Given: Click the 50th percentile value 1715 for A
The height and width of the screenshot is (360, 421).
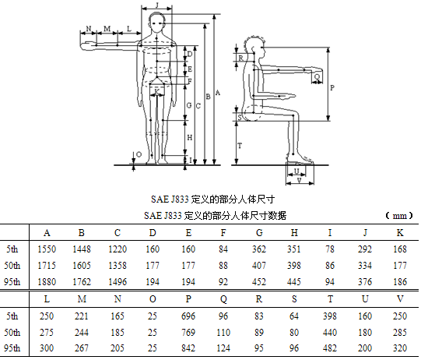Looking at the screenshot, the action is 47,266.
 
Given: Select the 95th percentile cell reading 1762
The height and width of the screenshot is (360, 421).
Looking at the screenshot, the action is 82,282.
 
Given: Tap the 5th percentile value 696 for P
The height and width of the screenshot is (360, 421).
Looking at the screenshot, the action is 188,316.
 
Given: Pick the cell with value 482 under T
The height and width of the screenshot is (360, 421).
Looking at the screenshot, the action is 330,348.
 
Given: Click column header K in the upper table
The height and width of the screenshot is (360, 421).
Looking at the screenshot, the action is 400,233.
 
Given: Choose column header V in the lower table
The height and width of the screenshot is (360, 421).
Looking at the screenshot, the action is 400,299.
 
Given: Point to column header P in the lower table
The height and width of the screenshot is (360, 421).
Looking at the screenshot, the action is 188,299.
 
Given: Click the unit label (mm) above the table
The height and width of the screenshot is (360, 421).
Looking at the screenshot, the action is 399,216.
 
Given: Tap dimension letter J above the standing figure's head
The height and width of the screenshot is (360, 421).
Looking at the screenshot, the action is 157,5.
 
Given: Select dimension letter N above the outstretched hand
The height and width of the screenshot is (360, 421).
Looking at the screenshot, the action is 89,28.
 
